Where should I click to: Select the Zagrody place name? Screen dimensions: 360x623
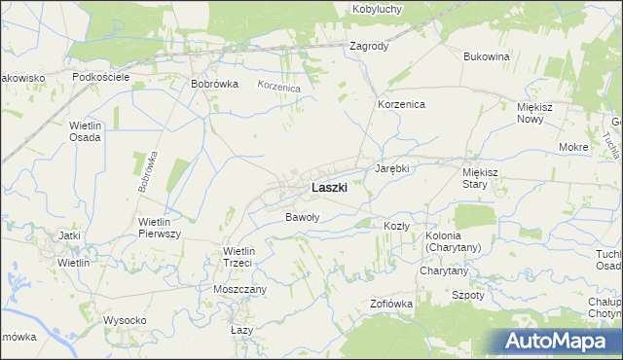pos(369,46)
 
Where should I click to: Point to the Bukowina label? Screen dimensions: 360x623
pos(488,56)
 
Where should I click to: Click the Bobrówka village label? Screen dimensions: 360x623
pos(215,84)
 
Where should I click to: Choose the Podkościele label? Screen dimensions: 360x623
pos(101,76)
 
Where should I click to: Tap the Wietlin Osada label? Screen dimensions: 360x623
pos(86,131)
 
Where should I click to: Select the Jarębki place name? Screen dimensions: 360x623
pos(393,168)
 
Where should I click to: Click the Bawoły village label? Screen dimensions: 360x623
pos(302,217)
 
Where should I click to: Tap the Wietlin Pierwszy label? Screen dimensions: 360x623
pos(161,228)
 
